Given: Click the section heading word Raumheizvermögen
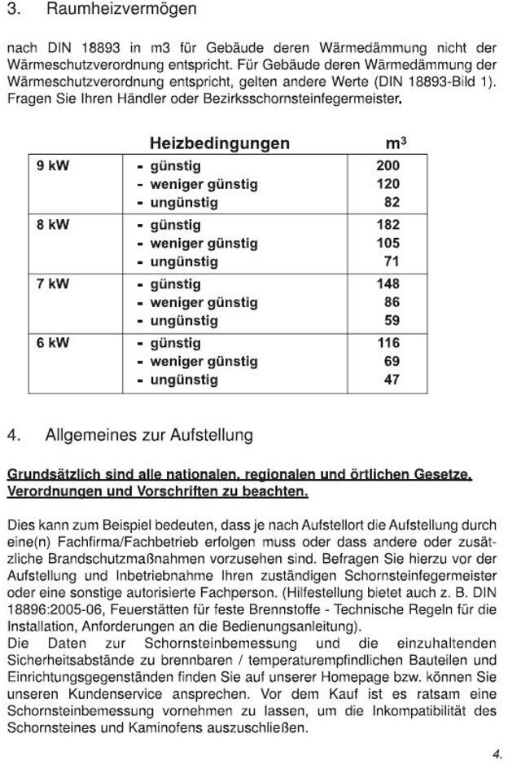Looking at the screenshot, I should pos(120,11).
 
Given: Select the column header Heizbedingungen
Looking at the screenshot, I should pos(219,143).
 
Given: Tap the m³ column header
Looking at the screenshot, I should pos(395,143).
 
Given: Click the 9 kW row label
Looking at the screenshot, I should pos(53,166).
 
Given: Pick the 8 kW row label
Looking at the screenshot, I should pos(53,225).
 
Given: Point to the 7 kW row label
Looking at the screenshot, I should pos(53,284).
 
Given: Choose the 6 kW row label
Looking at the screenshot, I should pos(53,343).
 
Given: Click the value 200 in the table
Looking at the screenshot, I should pos(388,166).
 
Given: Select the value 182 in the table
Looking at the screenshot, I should pos(388,225).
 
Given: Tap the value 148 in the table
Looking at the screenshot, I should pos(388,284).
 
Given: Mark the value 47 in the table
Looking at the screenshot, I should pos(391,380).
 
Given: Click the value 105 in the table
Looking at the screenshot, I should pos(388,244).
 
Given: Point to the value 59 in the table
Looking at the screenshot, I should pos(391,321).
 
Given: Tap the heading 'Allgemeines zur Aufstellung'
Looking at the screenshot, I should pos(149,435).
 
